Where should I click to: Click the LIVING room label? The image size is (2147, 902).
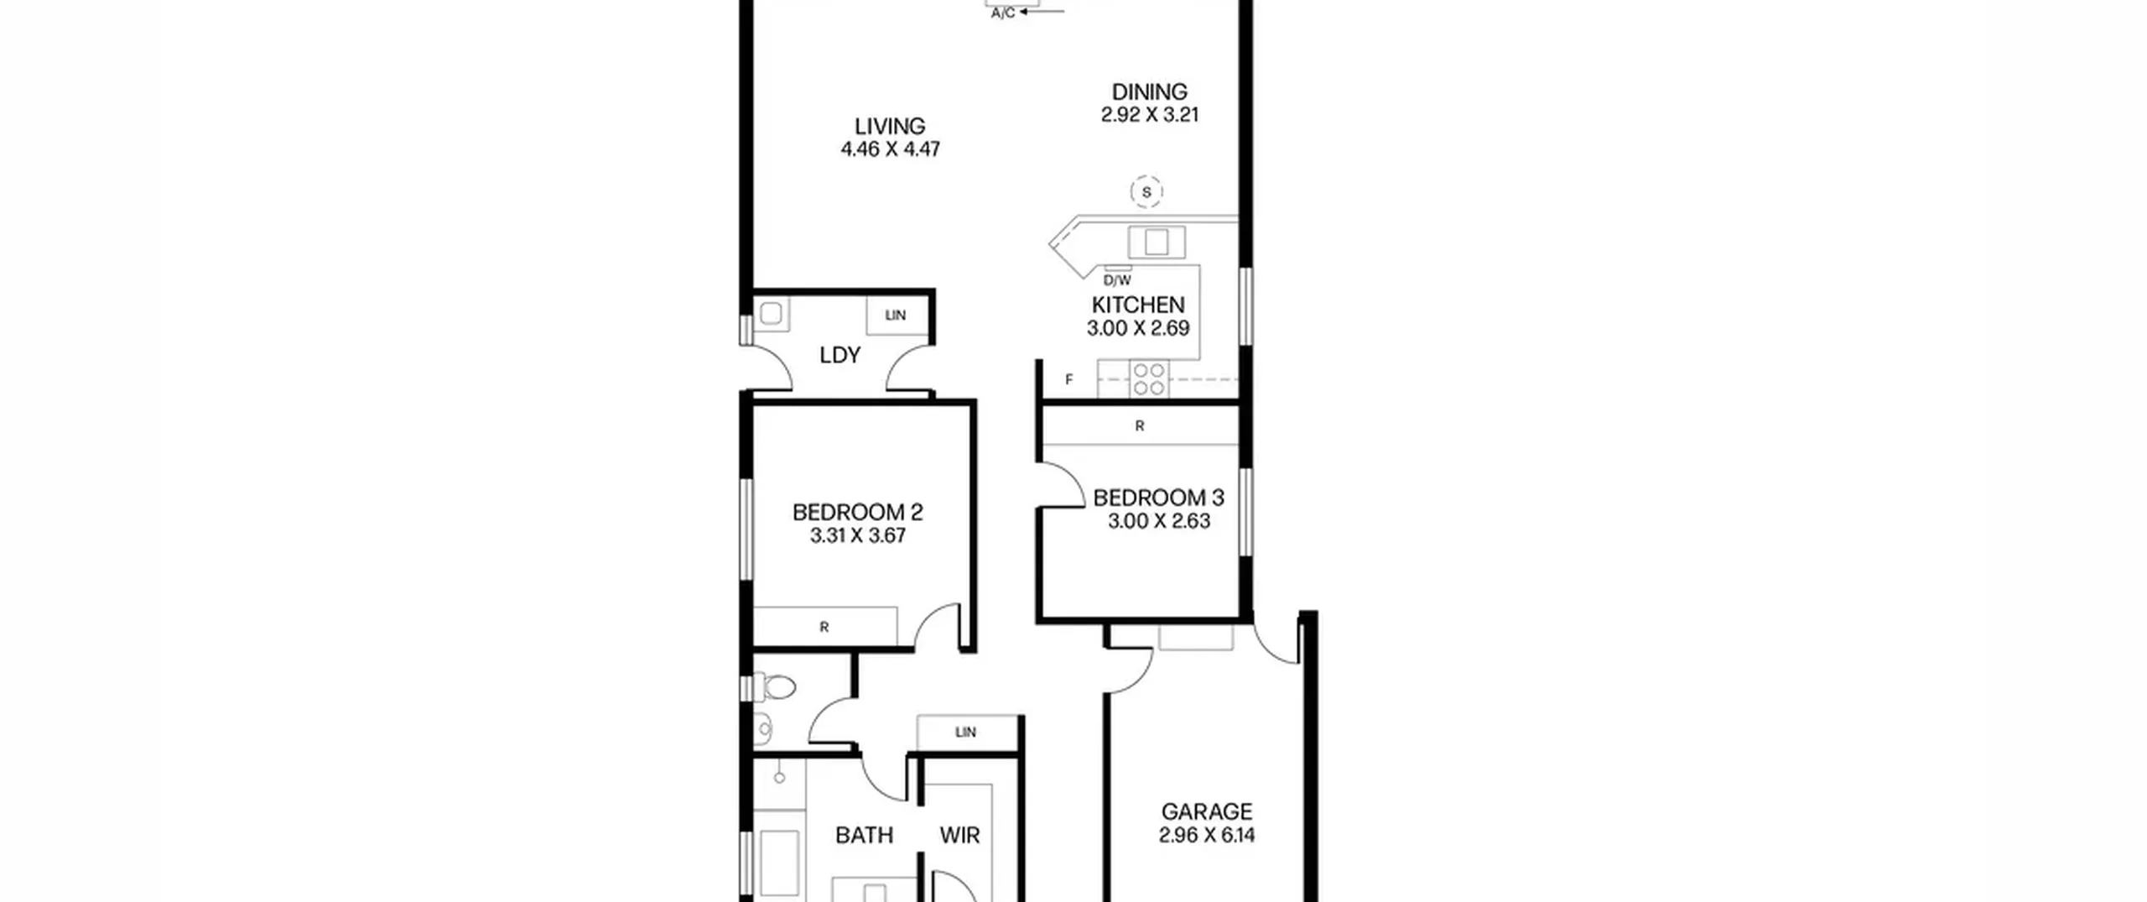click(890, 126)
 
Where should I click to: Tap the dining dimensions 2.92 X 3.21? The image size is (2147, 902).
click(1150, 115)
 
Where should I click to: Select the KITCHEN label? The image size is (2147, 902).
click(1138, 305)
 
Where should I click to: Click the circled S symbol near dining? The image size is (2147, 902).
click(1146, 192)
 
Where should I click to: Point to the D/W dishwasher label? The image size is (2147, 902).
click(1117, 280)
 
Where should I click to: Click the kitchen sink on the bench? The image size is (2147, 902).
click(1157, 242)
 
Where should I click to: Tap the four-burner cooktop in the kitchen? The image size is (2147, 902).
click(1149, 378)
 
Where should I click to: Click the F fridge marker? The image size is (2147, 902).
click(1069, 379)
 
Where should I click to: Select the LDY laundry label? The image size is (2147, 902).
click(840, 355)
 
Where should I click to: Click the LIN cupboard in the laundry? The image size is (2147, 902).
click(897, 315)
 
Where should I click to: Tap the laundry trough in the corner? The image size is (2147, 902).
click(771, 314)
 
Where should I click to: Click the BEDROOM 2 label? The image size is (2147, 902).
click(857, 512)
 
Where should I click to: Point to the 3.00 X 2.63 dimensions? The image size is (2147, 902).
click(1159, 521)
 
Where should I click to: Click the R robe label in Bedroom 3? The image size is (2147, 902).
click(1140, 426)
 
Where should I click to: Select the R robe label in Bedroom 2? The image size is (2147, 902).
click(824, 627)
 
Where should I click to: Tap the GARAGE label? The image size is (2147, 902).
click(1207, 811)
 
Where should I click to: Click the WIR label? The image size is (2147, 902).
click(959, 835)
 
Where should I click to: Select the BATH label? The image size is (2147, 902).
click(864, 835)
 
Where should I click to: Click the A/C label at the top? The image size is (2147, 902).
click(1003, 13)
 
